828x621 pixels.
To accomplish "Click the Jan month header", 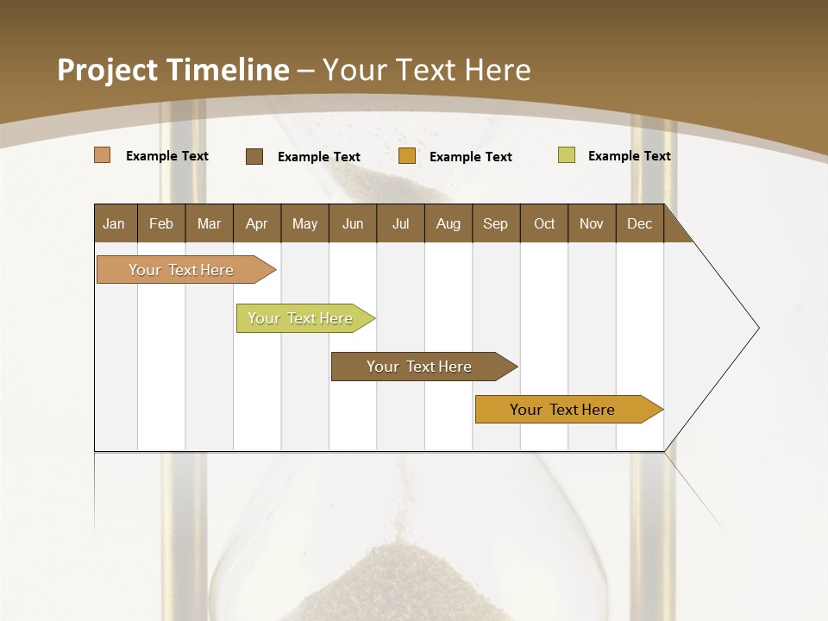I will click(114, 223).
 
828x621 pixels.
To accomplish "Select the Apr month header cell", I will click(256, 223).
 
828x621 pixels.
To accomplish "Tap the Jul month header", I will click(400, 223).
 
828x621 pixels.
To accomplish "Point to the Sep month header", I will click(495, 223).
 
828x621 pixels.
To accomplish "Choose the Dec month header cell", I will click(639, 223).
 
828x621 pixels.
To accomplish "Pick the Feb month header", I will click(161, 223).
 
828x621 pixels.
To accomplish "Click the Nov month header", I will click(591, 223).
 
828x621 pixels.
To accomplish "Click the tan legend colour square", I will click(102, 155).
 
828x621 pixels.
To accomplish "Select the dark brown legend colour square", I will click(254, 156).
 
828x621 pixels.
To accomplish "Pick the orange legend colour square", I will click(407, 156).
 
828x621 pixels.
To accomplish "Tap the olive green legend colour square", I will click(567, 155).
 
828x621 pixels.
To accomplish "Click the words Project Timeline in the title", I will click(173, 70).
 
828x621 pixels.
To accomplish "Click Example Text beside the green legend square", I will click(629, 156).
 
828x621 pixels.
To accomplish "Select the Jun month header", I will click(353, 223).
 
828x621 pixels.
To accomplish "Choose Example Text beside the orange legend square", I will click(470, 157).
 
